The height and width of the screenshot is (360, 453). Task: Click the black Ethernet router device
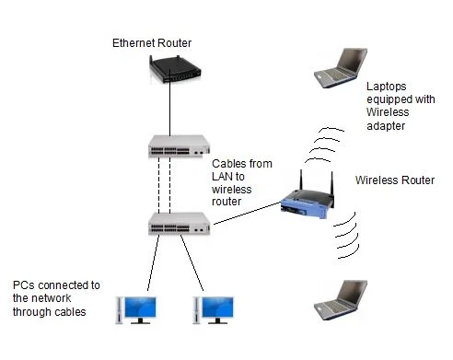coord(175,69)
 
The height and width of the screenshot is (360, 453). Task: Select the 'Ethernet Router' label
coord(152,43)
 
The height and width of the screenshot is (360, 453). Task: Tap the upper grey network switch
coord(180,146)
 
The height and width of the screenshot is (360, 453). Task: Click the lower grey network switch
coord(180,224)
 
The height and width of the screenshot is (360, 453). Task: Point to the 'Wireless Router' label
coord(395,180)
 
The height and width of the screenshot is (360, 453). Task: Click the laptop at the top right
coord(341,68)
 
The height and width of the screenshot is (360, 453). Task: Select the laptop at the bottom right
coord(341,300)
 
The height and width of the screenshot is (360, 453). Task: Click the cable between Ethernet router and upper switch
coord(169,103)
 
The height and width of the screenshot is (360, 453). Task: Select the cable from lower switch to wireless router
coord(248,213)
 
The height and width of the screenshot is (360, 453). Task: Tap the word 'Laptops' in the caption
coord(387,87)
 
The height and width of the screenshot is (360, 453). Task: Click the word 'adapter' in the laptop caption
coord(386,126)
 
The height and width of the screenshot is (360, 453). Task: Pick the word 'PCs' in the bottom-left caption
coord(24,285)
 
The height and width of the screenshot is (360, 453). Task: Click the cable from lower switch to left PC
coord(154,262)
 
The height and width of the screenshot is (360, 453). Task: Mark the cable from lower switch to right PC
coord(192,262)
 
